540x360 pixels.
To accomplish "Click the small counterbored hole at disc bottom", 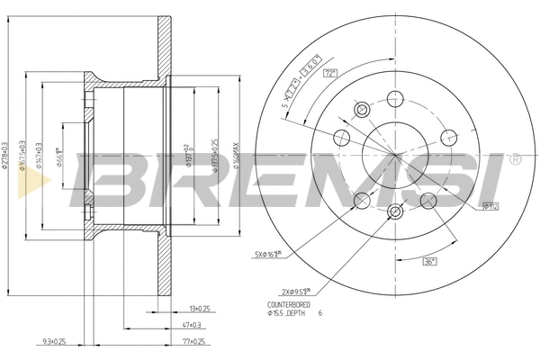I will (394, 211).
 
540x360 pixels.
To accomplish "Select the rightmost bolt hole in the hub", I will (447, 138).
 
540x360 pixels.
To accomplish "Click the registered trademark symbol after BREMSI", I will (515, 159).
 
